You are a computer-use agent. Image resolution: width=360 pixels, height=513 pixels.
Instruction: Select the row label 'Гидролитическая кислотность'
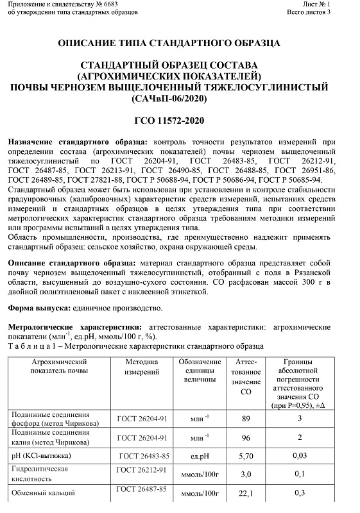40,474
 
